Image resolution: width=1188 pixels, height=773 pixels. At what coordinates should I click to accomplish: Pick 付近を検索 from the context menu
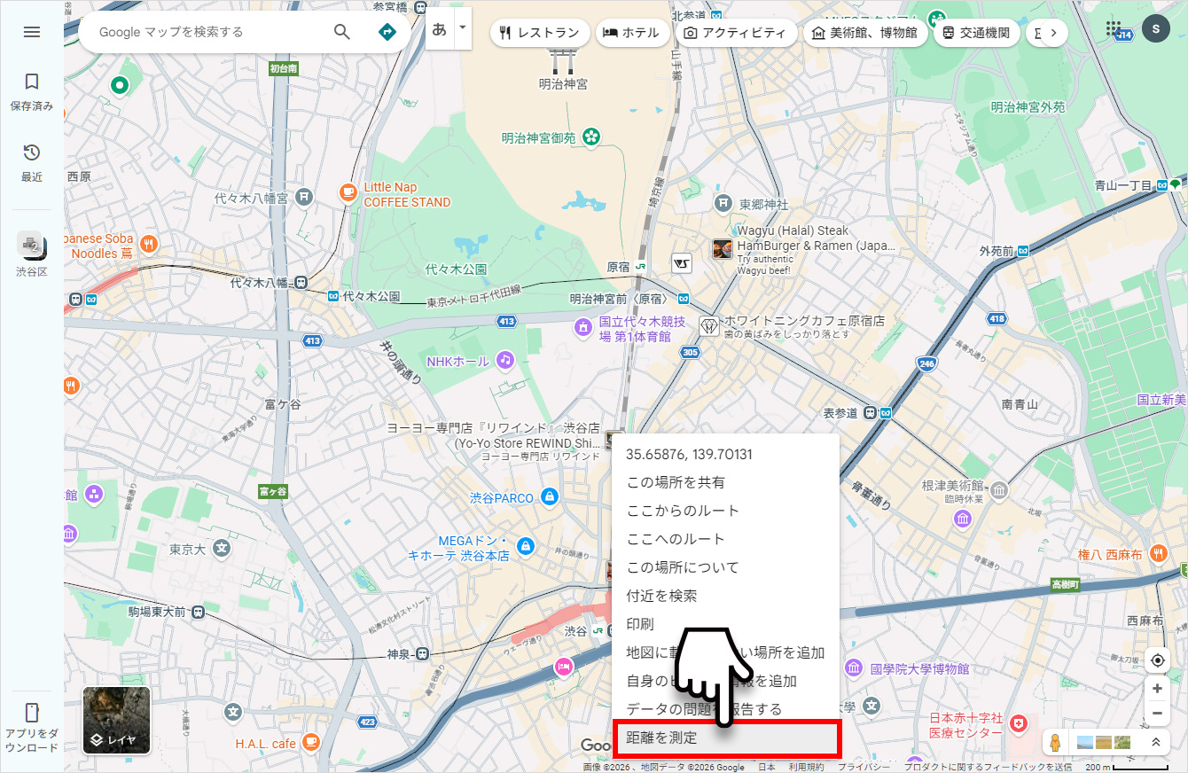(x=661, y=596)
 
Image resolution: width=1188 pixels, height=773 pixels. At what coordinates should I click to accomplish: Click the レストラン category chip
(x=539, y=33)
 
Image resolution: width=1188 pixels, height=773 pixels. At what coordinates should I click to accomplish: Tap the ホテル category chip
(x=631, y=33)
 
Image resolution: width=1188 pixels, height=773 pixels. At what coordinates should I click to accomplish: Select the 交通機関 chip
(x=974, y=33)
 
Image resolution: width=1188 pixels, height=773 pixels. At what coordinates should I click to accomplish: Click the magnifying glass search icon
(x=342, y=32)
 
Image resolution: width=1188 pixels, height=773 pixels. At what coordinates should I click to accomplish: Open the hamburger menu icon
(x=32, y=32)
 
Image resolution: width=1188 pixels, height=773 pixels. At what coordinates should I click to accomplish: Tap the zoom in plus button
(x=1157, y=689)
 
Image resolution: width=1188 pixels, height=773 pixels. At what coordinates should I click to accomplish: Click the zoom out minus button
(x=1157, y=714)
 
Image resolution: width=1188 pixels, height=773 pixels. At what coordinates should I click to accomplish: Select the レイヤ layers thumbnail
(x=116, y=721)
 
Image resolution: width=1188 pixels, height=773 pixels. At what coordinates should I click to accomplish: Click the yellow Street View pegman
(x=1054, y=741)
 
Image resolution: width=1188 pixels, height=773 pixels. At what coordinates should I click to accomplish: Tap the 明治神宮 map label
(x=563, y=84)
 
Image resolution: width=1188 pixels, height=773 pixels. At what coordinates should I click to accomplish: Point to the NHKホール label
(x=457, y=362)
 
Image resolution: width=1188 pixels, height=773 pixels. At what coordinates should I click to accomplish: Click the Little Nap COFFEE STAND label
(x=406, y=195)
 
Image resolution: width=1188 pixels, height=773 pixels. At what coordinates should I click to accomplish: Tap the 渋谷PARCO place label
(x=502, y=498)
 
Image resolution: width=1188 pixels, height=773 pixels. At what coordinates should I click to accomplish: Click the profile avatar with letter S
(x=1155, y=29)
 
